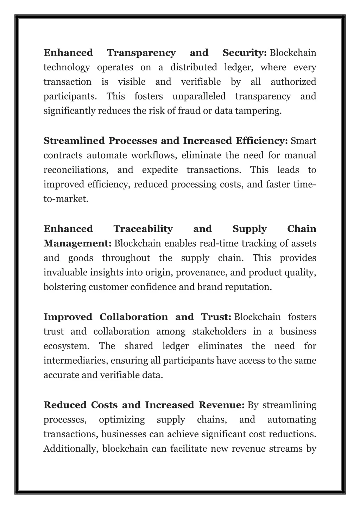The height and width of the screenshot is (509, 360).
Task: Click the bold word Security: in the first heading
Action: point(244,53)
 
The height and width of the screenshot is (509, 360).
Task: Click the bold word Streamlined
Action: point(74,141)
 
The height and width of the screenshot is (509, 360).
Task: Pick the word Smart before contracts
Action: point(303,141)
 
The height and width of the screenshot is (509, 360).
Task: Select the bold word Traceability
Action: point(143,229)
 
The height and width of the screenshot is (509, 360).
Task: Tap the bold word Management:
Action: point(77,243)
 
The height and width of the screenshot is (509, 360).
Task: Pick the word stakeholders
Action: point(219,332)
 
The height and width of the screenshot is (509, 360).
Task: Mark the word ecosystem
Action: point(66,346)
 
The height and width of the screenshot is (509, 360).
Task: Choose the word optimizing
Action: point(122,420)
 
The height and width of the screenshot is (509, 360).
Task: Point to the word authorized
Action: point(293,82)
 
